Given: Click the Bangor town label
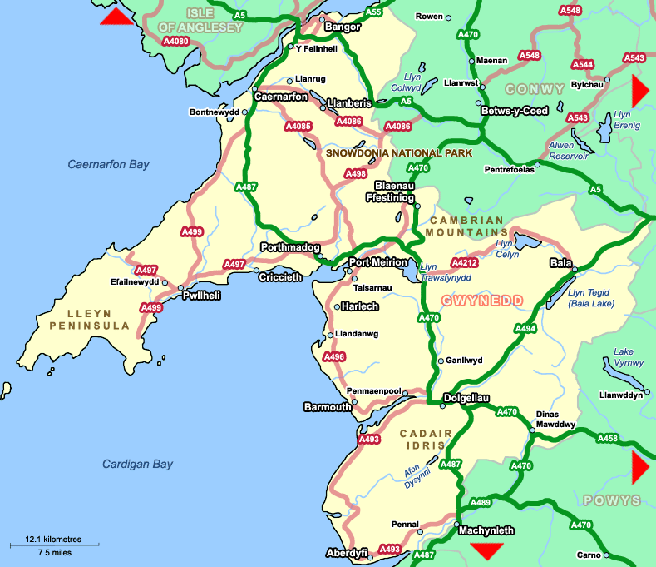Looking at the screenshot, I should [343, 27].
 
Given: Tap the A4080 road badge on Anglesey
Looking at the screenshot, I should [175, 41].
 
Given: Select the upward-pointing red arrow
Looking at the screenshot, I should [116, 17].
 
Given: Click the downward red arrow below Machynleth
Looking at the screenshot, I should [486, 550].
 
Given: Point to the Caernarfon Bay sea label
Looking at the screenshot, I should [108, 165].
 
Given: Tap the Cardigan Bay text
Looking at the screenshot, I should [137, 464].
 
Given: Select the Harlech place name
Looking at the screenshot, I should [360, 306].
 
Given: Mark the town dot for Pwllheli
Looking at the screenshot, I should [182, 288].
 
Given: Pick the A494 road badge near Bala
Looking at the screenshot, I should [525, 329].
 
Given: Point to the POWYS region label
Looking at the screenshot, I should [612, 500].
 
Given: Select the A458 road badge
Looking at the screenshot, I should [607, 438].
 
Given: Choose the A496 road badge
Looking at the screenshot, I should [333, 357].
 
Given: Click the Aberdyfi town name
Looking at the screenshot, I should [346, 553].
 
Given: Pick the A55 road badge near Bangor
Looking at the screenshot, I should [374, 12].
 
